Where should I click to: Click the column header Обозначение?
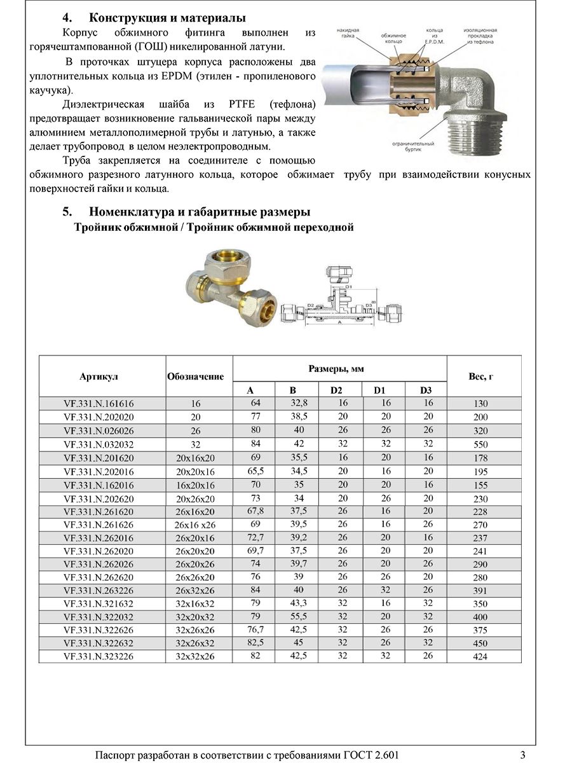pyautogui.click(x=195, y=376)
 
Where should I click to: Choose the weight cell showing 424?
pyautogui.click(x=480, y=657)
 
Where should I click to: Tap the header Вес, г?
pyautogui.click(x=480, y=376)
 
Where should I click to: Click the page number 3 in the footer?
pyautogui.click(x=522, y=755)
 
